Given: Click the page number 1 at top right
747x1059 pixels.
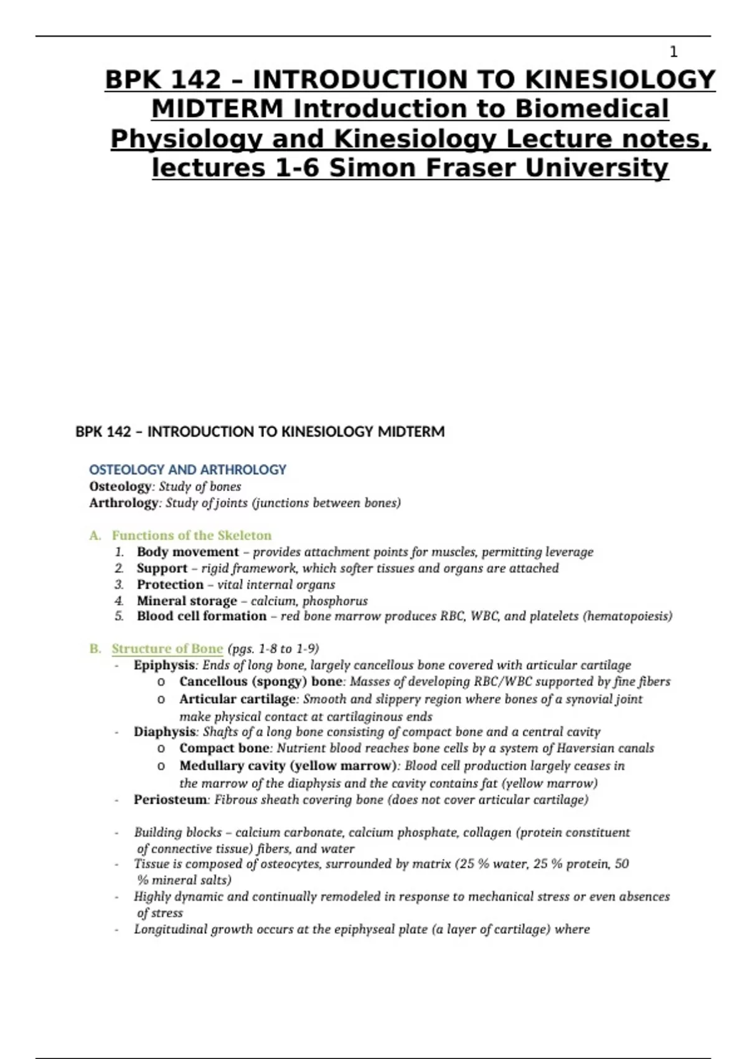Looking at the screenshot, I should [x=673, y=52].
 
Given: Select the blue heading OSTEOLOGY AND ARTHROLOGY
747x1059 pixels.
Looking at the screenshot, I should [x=187, y=470].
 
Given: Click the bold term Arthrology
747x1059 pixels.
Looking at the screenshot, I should [x=123, y=503].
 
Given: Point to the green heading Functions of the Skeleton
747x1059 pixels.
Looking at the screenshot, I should [x=192, y=535].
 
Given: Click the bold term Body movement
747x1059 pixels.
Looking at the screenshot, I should [x=187, y=552].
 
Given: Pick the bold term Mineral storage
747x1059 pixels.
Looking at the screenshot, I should [x=187, y=601].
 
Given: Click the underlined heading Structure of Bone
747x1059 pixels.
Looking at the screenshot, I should [x=167, y=648].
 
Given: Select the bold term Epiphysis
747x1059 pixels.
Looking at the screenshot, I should [x=164, y=665].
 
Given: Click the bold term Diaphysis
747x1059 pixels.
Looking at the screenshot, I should [x=164, y=732].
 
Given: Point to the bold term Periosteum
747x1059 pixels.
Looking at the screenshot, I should [x=171, y=800].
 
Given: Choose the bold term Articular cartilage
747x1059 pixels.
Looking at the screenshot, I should [x=237, y=699].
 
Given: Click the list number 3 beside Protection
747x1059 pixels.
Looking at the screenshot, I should [x=119, y=584].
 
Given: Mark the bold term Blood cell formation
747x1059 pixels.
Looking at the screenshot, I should [x=202, y=616].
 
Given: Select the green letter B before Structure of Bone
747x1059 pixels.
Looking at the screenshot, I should [x=95, y=648].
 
